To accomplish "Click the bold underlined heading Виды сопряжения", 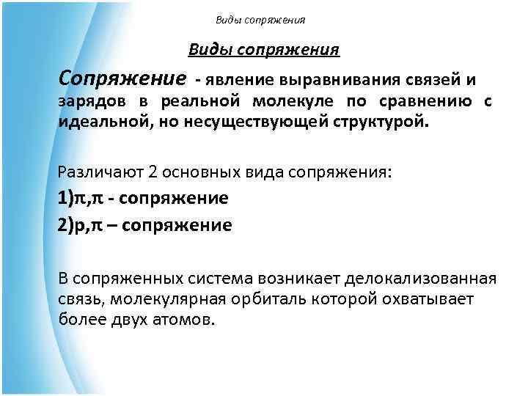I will click(263, 51).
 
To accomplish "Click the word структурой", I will click(381, 120).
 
